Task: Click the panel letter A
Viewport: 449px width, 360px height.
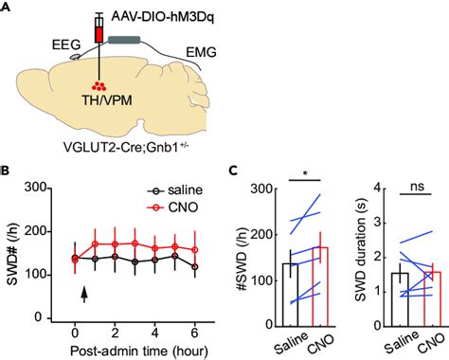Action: click(8, 9)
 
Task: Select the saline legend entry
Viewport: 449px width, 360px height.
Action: click(167, 189)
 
